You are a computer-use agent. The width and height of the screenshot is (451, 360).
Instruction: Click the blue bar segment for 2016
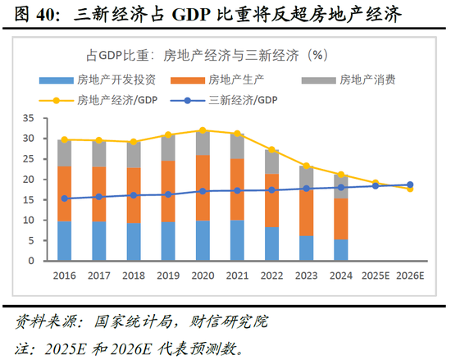tap(64, 241)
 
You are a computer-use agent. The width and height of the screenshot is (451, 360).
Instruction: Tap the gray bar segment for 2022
tap(272, 162)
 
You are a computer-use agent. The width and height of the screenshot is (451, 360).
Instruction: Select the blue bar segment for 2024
tap(341, 250)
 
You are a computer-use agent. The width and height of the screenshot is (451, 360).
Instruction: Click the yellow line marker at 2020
tap(203, 130)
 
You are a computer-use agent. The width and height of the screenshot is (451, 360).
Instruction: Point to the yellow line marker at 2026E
tap(410, 189)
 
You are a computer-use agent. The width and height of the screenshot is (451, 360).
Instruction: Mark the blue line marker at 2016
tap(65, 198)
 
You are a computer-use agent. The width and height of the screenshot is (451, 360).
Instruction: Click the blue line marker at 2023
tap(307, 189)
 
